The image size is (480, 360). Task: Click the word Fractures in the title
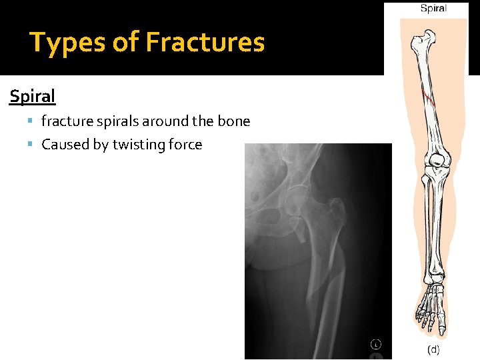205,43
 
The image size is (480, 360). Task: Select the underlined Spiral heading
32,97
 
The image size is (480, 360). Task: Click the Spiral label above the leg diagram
433,9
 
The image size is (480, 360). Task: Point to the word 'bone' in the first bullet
235,121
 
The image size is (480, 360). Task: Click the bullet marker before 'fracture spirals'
33,122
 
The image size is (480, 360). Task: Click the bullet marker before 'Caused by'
33,145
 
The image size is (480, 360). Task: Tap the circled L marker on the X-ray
376,344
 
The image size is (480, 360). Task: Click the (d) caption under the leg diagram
433,349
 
